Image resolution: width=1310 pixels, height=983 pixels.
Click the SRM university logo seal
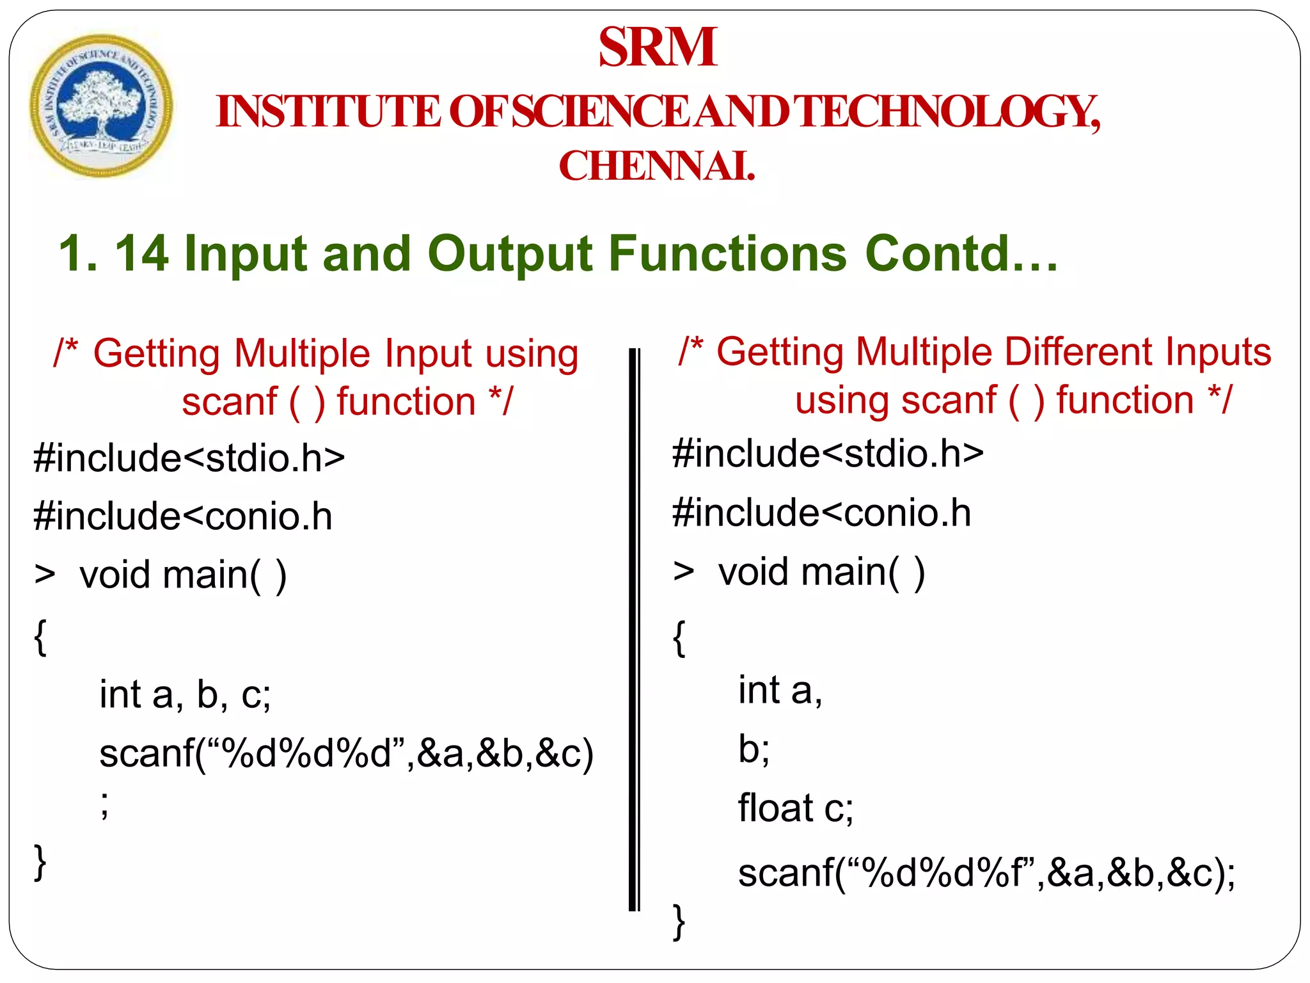click(101, 106)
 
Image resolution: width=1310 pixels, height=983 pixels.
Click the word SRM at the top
click(658, 47)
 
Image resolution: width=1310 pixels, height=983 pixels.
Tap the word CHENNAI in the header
click(657, 166)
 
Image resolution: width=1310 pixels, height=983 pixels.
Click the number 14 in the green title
click(141, 253)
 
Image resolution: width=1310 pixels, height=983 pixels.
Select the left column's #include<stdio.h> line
click(189, 458)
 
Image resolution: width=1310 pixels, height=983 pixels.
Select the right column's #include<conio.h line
click(821, 513)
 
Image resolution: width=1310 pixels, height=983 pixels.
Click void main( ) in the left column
click(182, 575)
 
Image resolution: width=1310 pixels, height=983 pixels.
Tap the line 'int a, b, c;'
click(185, 694)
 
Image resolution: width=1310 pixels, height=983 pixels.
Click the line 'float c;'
click(795, 808)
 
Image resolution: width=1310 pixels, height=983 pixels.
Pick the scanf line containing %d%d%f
click(986, 873)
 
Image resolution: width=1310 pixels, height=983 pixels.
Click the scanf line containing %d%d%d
click(346, 754)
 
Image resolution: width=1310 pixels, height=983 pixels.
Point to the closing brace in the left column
click(40, 863)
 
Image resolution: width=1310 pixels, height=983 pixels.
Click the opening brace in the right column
click(679, 638)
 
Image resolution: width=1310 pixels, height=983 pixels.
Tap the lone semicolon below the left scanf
click(105, 805)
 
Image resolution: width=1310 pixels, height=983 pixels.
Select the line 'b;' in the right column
click(754, 749)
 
